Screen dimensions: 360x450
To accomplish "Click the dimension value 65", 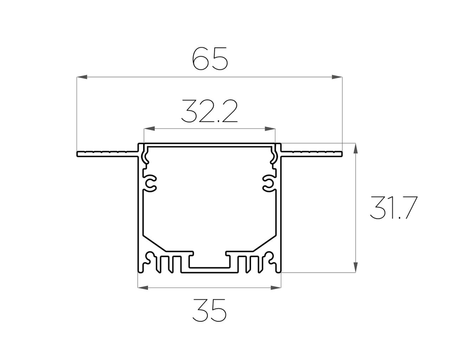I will pyautogui.click(x=210, y=59).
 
